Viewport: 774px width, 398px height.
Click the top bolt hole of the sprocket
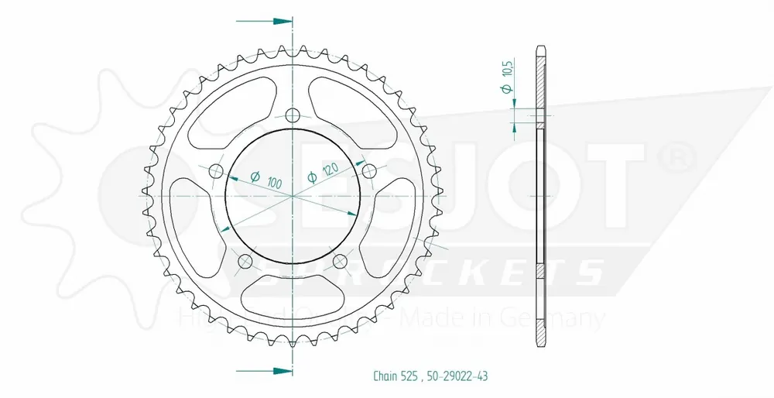292,116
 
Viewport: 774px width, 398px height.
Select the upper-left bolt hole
216,170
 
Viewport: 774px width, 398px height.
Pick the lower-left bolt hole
245,260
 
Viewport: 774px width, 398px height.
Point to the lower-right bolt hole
339,260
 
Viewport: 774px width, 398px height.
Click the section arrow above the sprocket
275,19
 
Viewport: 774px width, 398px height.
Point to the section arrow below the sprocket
275,371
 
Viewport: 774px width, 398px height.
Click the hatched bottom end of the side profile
541,317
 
